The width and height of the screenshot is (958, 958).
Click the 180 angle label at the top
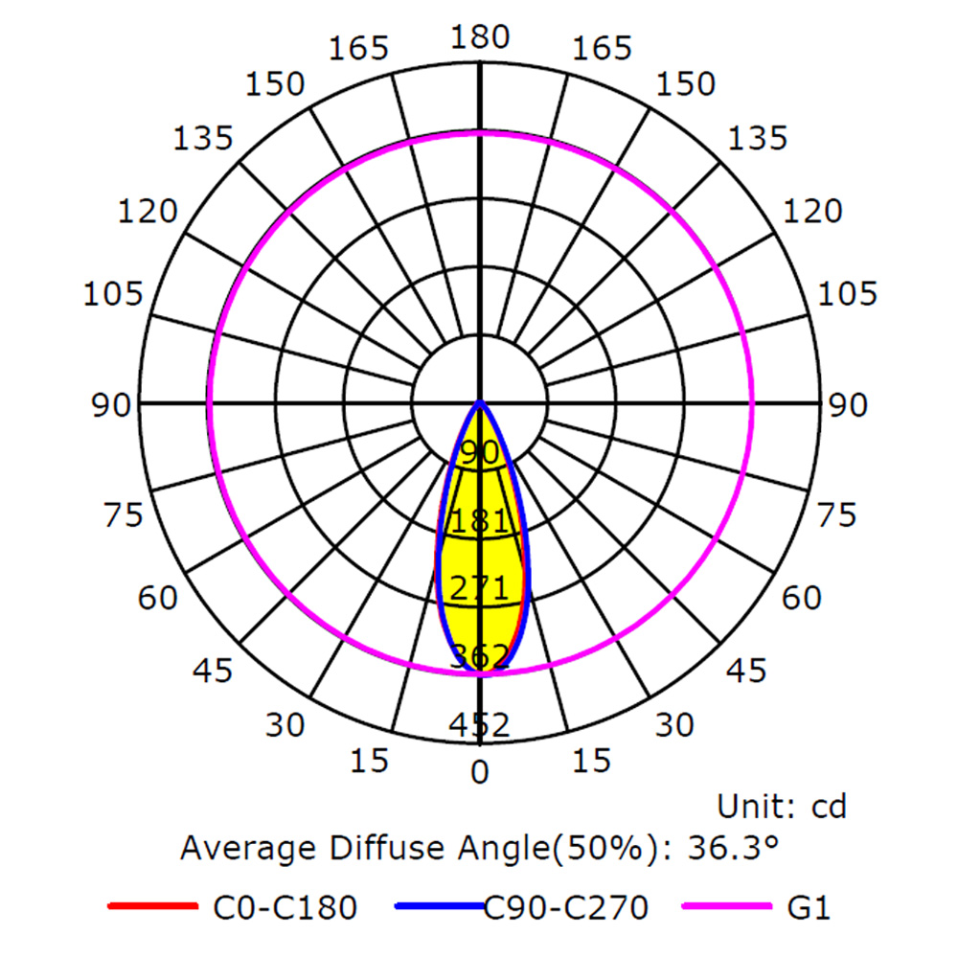[480, 37]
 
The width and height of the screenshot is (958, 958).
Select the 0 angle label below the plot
[480, 772]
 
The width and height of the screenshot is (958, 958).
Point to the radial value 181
[480, 521]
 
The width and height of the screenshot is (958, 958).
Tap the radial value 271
[480, 588]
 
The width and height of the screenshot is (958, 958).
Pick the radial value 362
[480, 656]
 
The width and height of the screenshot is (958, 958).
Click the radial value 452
[480, 725]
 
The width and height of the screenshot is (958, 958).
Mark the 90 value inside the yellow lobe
[480, 453]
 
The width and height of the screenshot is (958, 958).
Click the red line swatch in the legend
[152, 906]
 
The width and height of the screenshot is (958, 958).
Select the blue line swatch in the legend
[440, 906]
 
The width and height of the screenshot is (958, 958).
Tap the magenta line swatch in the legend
[726, 906]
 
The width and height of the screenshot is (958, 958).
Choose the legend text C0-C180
[285, 907]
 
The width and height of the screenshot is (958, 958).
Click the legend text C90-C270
[566, 907]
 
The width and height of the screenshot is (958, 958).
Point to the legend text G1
[809, 907]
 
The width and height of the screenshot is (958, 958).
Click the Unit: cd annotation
[782, 807]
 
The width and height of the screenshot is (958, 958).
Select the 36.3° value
[733, 848]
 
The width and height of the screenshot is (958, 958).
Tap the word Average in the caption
[250, 849]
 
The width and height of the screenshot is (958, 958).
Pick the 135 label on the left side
[203, 139]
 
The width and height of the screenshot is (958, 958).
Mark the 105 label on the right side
[848, 294]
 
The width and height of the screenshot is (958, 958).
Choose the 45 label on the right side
[746, 671]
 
